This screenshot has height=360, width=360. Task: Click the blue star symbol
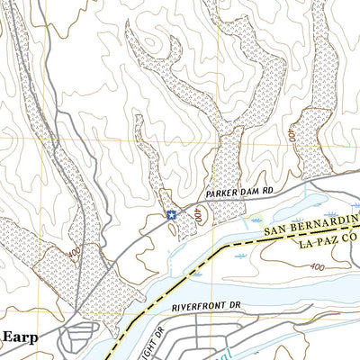tap(170, 214)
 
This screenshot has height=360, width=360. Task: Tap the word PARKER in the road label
tap(220, 194)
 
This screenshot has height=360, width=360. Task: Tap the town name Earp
tap(21, 337)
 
